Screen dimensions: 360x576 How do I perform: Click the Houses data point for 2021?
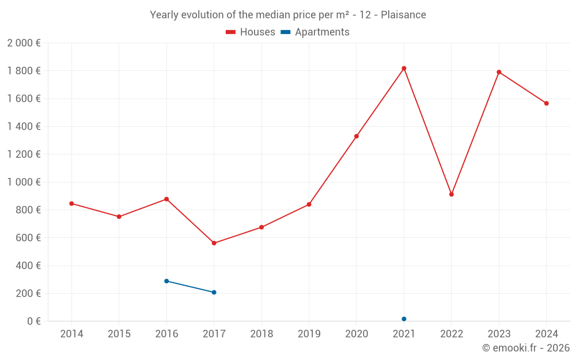click(x=404, y=69)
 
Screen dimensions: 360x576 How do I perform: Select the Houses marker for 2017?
click(x=214, y=243)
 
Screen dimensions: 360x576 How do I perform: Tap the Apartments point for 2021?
click(x=404, y=319)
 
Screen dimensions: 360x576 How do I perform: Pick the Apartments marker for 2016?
click(x=166, y=281)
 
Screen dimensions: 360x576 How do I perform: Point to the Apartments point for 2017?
click(x=214, y=293)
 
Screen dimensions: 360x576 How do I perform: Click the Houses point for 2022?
click(x=452, y=195)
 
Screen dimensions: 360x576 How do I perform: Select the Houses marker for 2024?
click(x=546, y=104)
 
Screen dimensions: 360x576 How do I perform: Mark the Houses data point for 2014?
click(x=71, y=203)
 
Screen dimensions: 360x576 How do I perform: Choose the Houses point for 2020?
click(x=357, y=137)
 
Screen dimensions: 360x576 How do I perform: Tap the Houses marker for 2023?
click(x=499, y=72)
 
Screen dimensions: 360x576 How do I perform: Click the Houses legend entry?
click(x=251, y=32)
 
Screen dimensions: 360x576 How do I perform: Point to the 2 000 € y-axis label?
click(x=24, y=43)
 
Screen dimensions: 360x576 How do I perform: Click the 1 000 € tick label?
click(x=24, y=182)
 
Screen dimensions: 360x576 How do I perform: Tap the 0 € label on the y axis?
click(x=34, y=321)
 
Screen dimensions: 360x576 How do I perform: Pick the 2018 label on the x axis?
click(x=262, y=334)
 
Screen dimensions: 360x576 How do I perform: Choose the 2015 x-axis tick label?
click(x=119, y=334)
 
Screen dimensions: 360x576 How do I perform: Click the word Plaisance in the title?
click(x=403, y=15)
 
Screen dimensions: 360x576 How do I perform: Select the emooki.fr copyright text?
click(x=526, y=348)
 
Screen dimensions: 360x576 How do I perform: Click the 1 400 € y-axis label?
click(x=24, y=127)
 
